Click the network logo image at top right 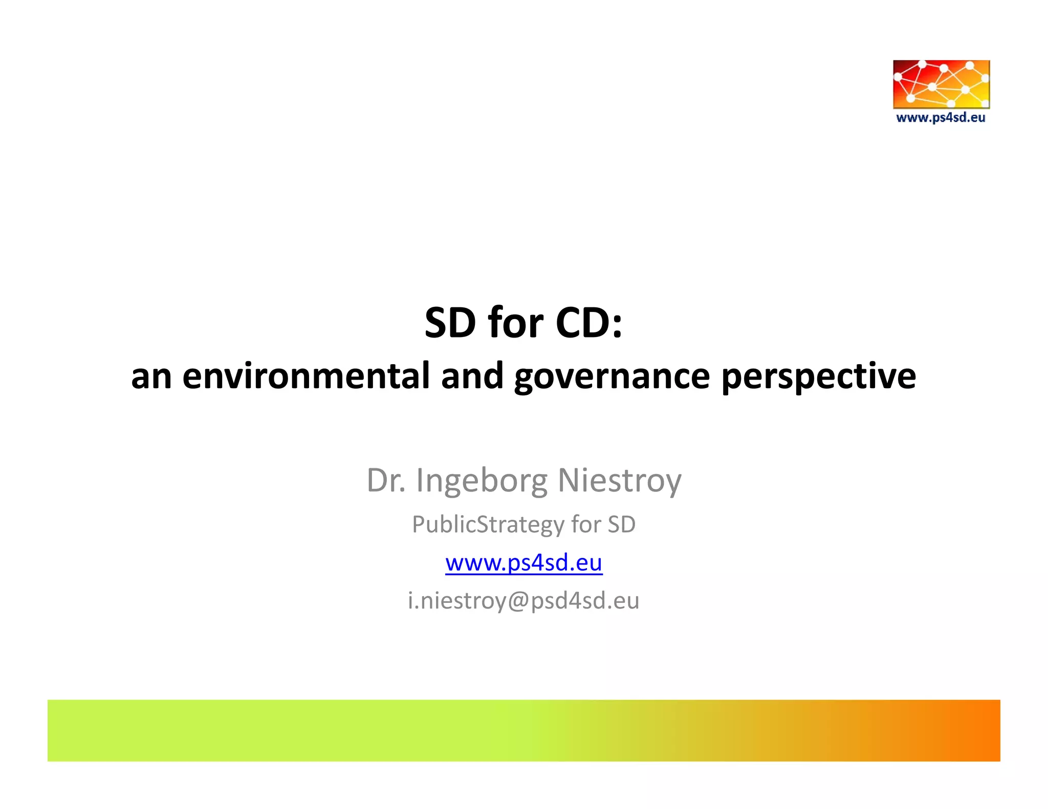(941, 84)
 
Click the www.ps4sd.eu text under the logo (941, 118)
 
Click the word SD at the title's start (450, 323)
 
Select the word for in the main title (515, 323)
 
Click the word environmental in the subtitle (305, 376)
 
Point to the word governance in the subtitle (612, 376)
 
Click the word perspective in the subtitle (818, 376)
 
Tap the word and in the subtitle (472, 376)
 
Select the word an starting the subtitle (151, 376)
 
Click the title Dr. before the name (386, 481)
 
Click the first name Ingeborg (481, 481)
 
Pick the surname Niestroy (619, 481)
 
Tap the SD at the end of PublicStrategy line (621, 525)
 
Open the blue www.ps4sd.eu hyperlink (523, 563)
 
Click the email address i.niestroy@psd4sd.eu (523, 600)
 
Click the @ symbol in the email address (519, 600)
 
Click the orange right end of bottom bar (972, 730)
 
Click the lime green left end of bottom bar (77, 730)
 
